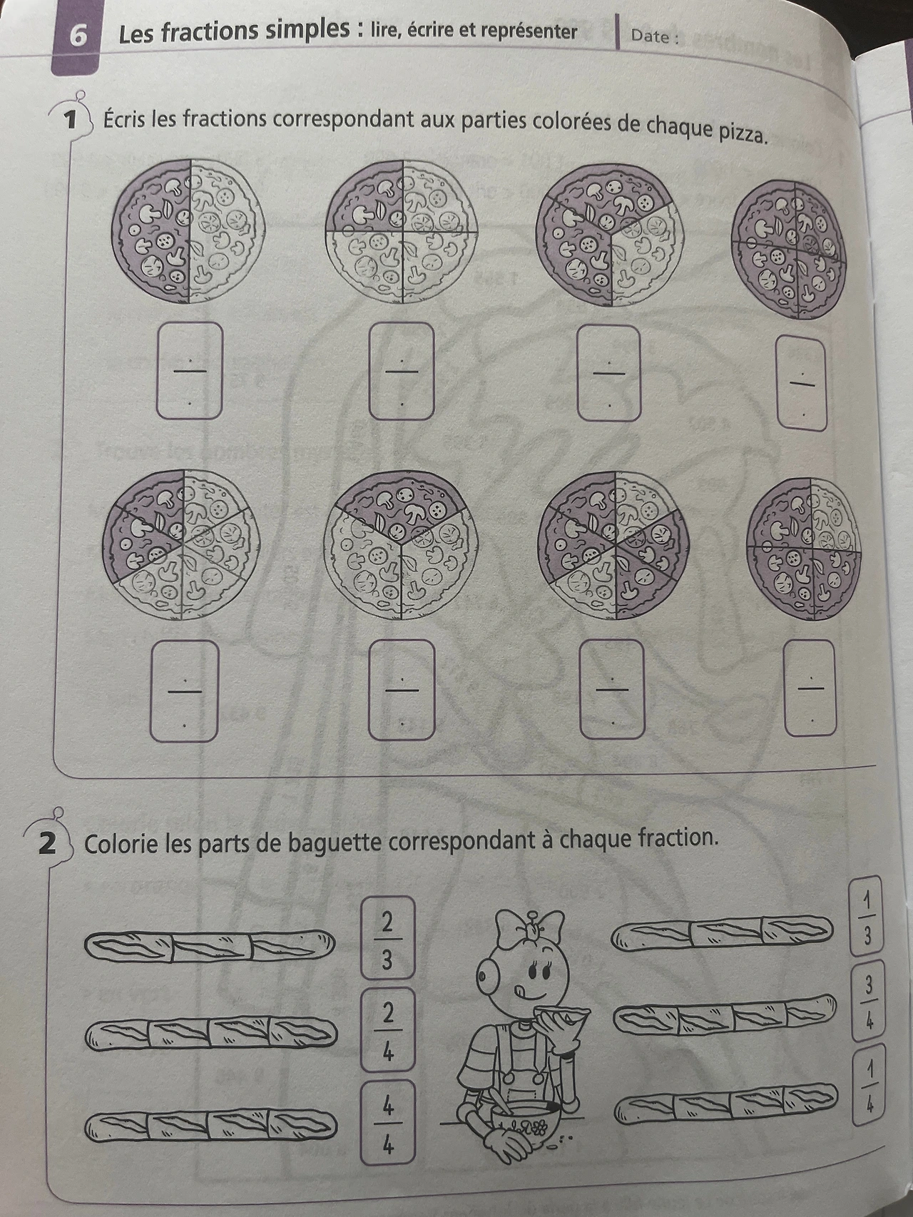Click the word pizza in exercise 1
pyautogui.click(x=740, y=131)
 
